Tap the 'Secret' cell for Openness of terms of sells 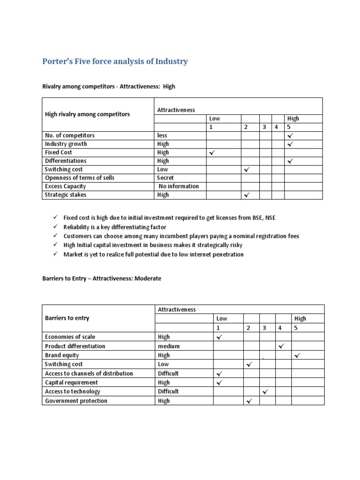(x=165, y=178)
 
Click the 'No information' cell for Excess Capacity (x=179, y=186)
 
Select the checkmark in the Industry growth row (x=290, y=144)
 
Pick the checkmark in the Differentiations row (x=290, y=161)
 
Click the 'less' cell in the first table (x=162, y=135)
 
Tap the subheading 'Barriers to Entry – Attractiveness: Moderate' (x=102, y=278)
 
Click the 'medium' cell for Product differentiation (x=169, y=346)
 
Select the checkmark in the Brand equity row (x=297, y=356)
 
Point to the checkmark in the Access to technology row (x=265, y=391)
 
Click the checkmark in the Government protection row (x=249, y=401)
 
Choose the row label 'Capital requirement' (x=71, y=382)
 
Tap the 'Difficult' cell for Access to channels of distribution (x=168, y=374)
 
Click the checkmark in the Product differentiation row (x=281, y=346)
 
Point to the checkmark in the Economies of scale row (x=219, y=337)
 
